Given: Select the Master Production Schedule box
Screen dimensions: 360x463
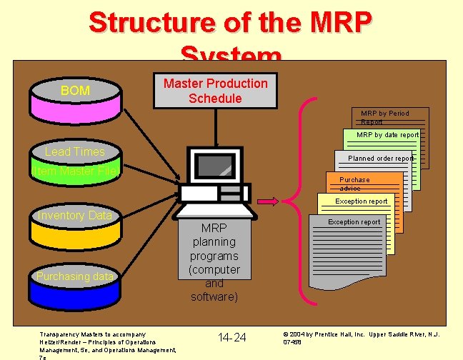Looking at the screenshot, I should coord(215,91).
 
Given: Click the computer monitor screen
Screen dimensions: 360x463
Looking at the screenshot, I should coord(215,166).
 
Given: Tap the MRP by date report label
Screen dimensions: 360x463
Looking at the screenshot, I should coord(387,134).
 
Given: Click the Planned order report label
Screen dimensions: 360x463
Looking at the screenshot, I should coord(379,159).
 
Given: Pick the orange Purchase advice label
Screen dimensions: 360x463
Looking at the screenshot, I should coord(354,184).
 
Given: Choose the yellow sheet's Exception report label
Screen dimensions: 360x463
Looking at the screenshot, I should coord(362,201).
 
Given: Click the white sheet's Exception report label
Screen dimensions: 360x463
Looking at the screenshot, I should coord(354,222).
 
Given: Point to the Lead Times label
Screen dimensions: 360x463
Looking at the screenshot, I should coord(75,151).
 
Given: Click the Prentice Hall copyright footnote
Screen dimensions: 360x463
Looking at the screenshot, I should coord(361,337).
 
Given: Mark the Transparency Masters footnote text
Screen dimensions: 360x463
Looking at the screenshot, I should coord(107,342).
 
